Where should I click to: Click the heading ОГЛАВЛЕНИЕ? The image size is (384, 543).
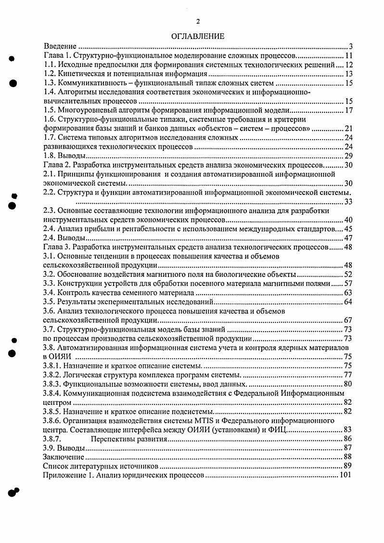pos(197,36)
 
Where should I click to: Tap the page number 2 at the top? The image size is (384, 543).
pos(197,21)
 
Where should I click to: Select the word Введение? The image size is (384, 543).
pos(60,47)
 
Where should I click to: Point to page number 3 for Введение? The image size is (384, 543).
pos(351,47)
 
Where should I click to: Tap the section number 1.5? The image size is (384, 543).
pos(49,111)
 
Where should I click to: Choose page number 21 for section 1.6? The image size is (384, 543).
pos(349,129)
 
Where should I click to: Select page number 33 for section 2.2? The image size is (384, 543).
pos(349,202)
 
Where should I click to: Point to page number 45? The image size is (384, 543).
pos(349,229)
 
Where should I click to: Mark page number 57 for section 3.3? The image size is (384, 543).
pos(349,284)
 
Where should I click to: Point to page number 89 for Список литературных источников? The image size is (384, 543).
pos(349,466)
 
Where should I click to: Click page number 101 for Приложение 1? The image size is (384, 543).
pos(346,475)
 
